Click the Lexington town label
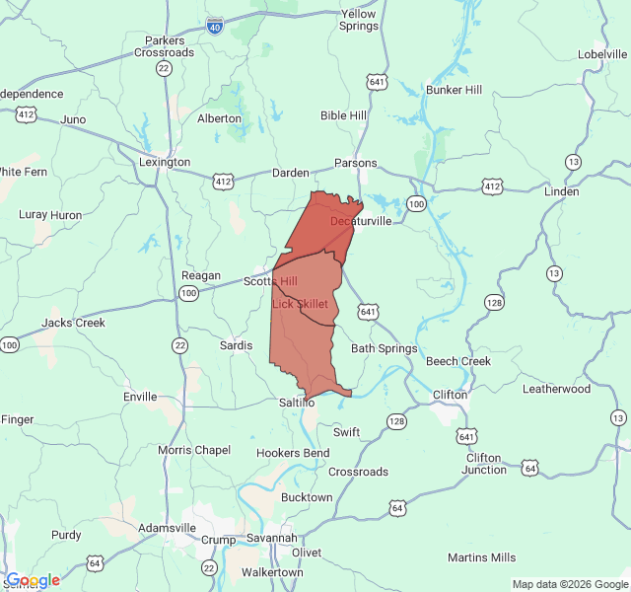pos(165,162)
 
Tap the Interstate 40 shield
pos(216,27)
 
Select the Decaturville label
pos(361,221)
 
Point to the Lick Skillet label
pos(300,304)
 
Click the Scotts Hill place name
pos(270,281)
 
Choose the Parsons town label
pos(356,163)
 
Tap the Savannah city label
pos(271,538)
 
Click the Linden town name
pos(561,191)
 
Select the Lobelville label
pos(603,53)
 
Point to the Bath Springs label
pos(384,348)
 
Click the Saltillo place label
pos(296,403)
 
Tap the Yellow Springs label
pos(359,20)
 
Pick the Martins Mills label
pos(481,557)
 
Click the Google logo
pos(32,580)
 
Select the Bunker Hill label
pos(454,90)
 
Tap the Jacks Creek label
pos(73,323)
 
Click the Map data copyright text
pos(569,584)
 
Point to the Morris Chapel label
pos(194,450)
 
